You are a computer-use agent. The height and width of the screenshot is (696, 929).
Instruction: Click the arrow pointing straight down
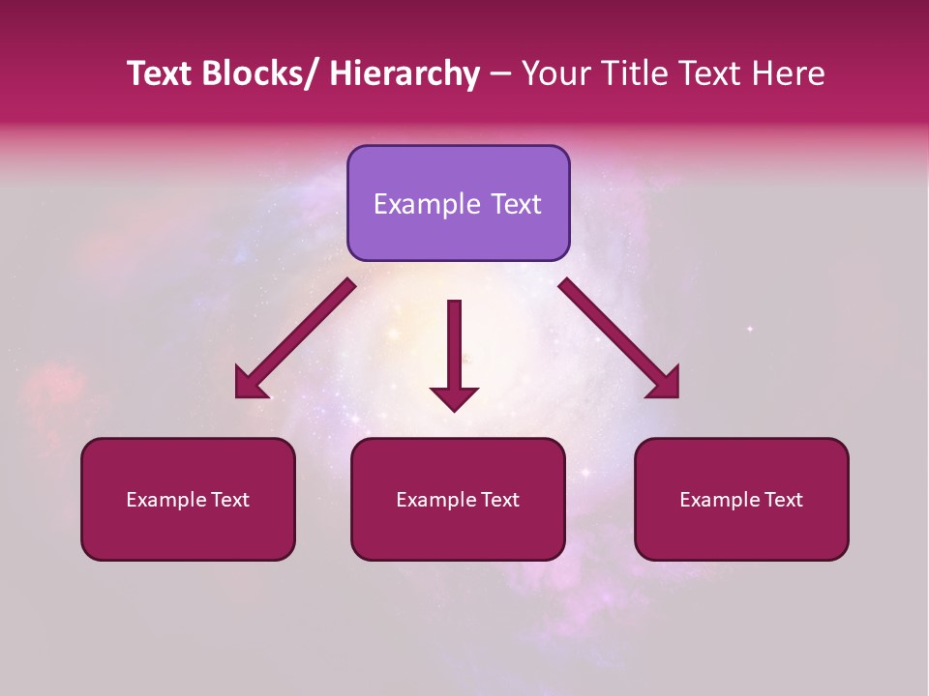(454, 353)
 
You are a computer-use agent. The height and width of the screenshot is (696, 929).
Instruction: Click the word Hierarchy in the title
(405, 73)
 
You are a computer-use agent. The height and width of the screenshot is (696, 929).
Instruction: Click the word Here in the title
(789, 73)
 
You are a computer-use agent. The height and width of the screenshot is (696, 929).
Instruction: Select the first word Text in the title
(159, 73)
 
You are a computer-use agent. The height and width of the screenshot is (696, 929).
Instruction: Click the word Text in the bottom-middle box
(499, 500)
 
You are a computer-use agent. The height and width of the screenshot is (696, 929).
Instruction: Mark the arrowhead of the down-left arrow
(250, 385)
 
